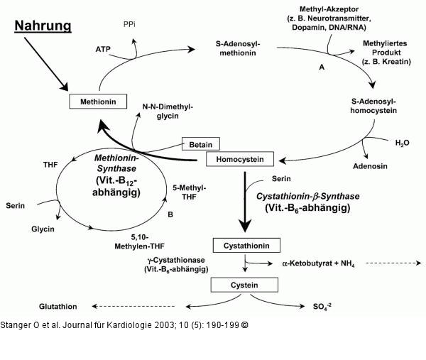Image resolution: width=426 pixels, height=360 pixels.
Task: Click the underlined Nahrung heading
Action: click(43, 26)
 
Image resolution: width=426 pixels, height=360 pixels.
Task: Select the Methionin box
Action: click(98, 102)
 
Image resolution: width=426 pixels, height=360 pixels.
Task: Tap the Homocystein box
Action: click(240, 159)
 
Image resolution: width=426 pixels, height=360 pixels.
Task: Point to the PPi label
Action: click(129, 24)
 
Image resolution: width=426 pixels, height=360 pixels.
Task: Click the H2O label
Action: click(402, 142)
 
